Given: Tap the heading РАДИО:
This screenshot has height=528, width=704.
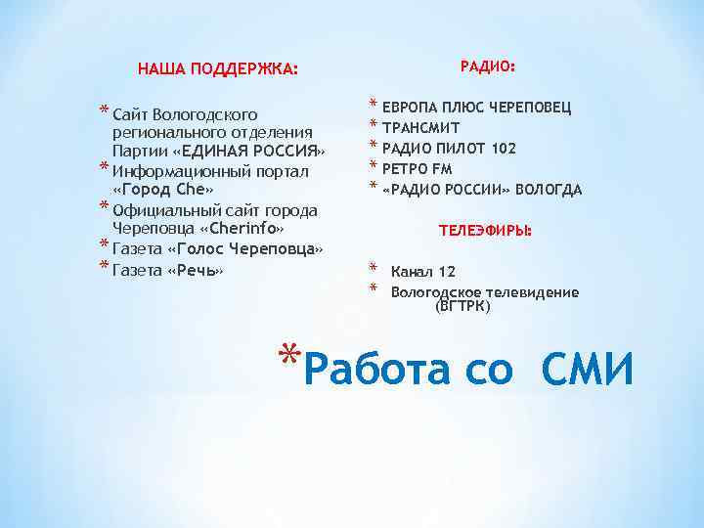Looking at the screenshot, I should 487,66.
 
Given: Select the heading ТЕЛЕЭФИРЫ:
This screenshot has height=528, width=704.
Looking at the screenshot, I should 485,231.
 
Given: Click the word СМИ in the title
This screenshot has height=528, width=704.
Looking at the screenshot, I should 587,370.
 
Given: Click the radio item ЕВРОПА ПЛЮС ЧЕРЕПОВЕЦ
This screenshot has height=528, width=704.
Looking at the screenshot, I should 477,108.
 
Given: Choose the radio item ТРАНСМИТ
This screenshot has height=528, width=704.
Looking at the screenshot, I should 421,127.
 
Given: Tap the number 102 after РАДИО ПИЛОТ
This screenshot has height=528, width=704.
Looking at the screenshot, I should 504,149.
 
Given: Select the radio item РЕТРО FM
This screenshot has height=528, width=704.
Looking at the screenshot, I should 418,169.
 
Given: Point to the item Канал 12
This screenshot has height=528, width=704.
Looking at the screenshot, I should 422,271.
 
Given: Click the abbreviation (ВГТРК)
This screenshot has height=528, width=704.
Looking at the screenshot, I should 462,306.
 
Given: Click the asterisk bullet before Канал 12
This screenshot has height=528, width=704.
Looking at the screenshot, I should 373,267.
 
